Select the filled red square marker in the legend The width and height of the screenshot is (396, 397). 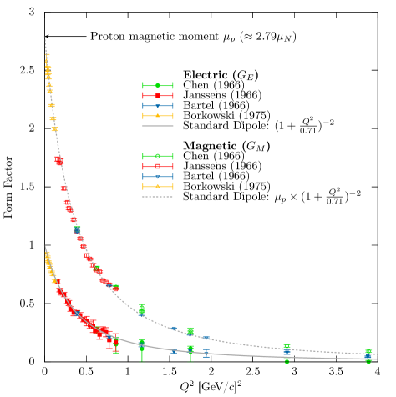157,96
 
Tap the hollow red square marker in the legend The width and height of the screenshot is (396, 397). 157,166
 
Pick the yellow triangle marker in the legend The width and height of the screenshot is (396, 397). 157,116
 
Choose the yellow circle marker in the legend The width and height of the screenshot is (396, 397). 157,187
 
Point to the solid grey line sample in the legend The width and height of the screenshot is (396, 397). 157,126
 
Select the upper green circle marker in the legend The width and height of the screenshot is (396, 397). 157,85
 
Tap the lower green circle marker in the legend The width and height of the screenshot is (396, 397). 157,156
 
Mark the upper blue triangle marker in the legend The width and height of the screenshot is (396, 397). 157,106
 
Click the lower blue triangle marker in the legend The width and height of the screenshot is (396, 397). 157,177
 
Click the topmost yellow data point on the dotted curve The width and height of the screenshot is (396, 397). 47,55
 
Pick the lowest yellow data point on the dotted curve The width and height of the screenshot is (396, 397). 54,129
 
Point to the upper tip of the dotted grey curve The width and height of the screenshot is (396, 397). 44,37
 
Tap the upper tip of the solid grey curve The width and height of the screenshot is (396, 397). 44,245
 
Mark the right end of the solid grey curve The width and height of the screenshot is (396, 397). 377,359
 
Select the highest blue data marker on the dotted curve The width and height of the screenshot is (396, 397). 77,229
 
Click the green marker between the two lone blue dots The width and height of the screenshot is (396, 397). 190,331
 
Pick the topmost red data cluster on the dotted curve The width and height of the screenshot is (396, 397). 58,159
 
